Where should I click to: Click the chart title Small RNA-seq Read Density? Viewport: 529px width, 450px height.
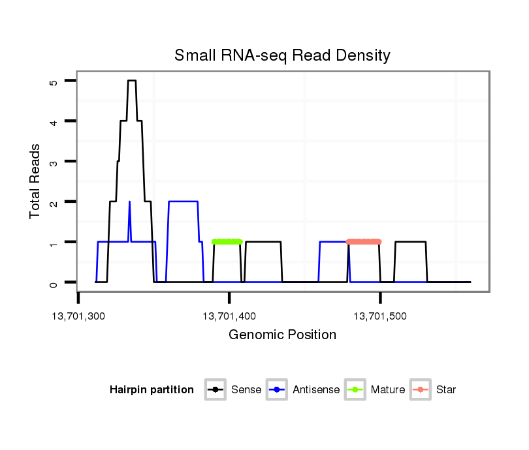click(x=282, y=55)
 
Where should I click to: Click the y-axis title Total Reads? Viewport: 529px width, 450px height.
click(x=37, y=181)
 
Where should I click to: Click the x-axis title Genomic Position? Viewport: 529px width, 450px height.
click(x=282, y=335)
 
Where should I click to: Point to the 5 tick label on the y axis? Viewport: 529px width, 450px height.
click(x=54, y=82)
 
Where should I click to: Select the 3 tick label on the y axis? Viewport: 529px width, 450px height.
click(x=54, y=162)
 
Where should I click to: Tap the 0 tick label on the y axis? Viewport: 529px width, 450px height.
click(x=54, y=283)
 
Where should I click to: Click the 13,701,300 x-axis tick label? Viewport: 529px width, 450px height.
click(x=78, y=316)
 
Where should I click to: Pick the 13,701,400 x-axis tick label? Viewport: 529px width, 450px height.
click(x=229, y=316)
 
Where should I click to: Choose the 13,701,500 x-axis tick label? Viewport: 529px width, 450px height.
click(x=380, y=316)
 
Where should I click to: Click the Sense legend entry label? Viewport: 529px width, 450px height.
click(x=246, y=390)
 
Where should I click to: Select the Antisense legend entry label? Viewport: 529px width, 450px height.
click(x=316, y=390)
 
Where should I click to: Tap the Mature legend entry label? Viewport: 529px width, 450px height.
click(x=387, y=390)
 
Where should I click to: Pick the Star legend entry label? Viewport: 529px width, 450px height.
click(x=446, y=390)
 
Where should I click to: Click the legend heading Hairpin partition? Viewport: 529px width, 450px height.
click(x=152, y=390)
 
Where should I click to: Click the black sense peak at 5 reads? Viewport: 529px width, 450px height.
click(x=131, y=81)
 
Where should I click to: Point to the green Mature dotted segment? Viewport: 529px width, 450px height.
click(x=227, y=242)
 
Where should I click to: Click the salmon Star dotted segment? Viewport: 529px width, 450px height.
click(x=363, y=242)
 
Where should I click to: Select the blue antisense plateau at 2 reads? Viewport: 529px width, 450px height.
click(x=183, y=202)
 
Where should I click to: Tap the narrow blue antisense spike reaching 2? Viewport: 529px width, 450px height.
click(x=129, y=203)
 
